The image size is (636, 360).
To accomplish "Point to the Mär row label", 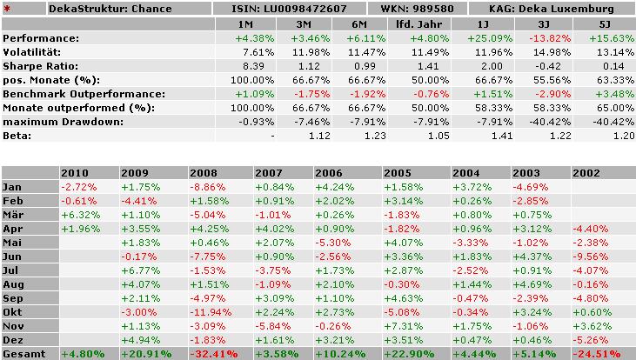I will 14,214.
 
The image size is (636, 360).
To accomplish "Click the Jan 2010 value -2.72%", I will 79,186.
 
